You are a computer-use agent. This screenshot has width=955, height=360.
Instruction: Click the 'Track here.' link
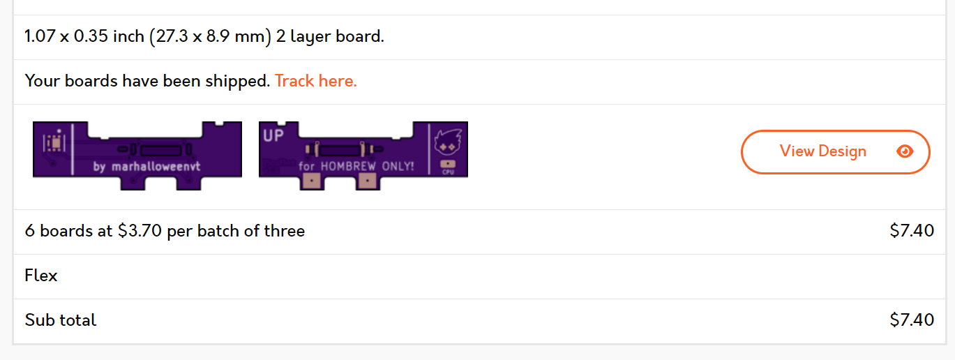315,81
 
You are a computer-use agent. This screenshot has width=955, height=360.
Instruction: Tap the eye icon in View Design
905,151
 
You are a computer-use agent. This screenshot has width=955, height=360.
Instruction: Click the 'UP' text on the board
273,135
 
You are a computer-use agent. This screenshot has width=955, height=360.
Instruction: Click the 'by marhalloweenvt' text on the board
146,166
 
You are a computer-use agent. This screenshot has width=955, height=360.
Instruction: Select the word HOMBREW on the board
348,166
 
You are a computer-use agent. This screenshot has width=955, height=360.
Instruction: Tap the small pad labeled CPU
448,164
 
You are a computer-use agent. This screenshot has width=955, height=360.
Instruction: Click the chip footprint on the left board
54,143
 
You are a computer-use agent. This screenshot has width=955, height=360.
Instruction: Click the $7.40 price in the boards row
912,231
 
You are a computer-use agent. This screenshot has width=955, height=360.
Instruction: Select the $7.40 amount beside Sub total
912,320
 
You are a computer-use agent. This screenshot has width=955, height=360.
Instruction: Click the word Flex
41,276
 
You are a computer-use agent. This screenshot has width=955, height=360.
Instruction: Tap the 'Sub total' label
61,320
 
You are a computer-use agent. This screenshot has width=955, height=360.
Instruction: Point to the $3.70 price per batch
140,231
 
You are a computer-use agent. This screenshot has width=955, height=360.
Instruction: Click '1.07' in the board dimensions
40,36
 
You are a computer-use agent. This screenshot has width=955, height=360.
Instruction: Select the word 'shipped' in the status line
237,81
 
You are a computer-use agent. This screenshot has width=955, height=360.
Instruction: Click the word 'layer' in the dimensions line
310,37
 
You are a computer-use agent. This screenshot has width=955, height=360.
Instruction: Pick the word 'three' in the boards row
285,231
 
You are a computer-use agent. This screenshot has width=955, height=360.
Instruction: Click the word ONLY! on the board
398,166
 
